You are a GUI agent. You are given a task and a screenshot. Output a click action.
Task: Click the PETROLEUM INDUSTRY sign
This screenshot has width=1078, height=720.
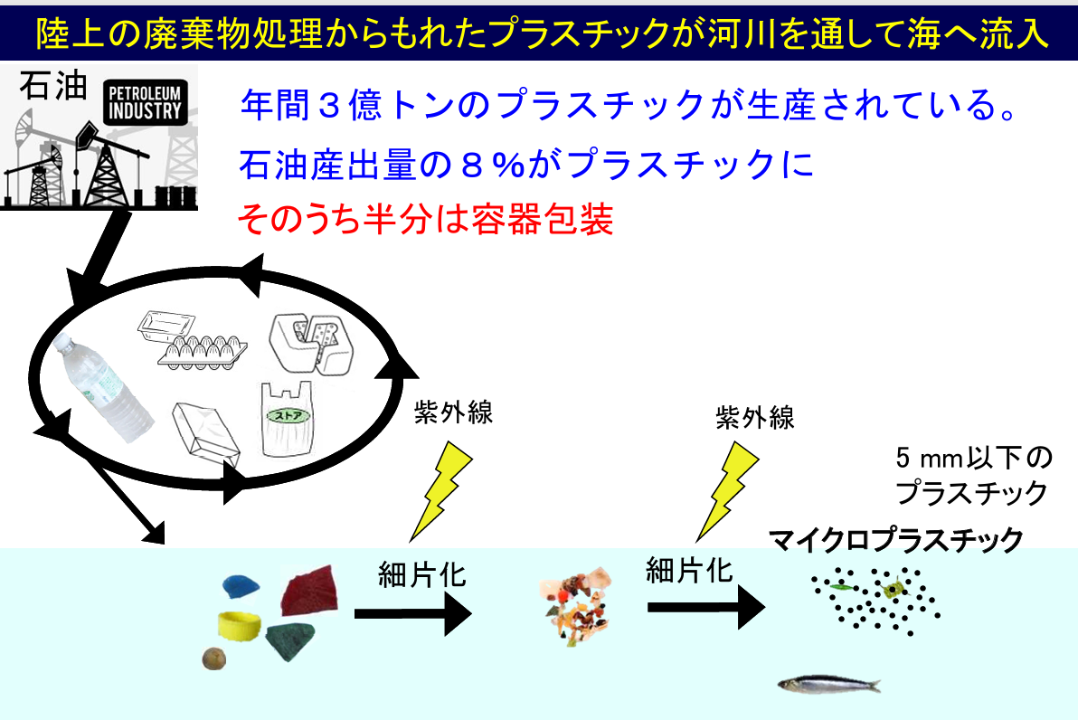pos(145,102)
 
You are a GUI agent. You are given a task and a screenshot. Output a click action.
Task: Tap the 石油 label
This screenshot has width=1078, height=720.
pos(53,86)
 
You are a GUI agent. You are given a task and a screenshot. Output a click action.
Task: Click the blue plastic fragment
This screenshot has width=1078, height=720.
pos(241,587)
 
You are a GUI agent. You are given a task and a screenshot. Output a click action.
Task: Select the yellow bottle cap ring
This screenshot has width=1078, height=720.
pos(240,625)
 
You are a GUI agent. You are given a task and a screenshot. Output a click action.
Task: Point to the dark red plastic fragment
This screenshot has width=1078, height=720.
pos(310,590)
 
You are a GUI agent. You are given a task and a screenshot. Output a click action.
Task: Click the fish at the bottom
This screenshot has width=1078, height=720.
pos(829,684)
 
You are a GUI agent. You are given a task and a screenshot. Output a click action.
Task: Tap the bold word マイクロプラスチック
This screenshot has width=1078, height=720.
pos(896,540)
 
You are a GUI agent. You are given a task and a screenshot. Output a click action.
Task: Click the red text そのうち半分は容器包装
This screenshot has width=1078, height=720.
pos(425,220)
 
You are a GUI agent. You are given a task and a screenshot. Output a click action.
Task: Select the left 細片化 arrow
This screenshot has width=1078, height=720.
pos(413,613)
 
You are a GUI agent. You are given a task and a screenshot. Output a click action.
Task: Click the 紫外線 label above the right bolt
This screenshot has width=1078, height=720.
pos(755,417)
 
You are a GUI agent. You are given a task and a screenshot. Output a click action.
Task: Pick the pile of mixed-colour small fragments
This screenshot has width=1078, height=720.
pos(575,605)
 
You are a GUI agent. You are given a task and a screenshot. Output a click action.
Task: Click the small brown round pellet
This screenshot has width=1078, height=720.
pos(213,658)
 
